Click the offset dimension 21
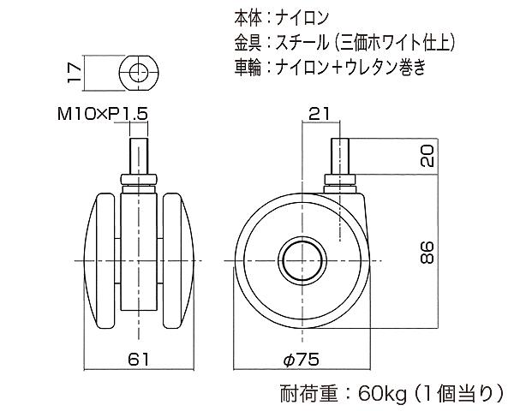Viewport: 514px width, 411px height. click(319, 112)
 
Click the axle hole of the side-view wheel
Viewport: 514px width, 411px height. click(302, 259)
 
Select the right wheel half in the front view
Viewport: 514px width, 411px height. click(178, 259)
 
